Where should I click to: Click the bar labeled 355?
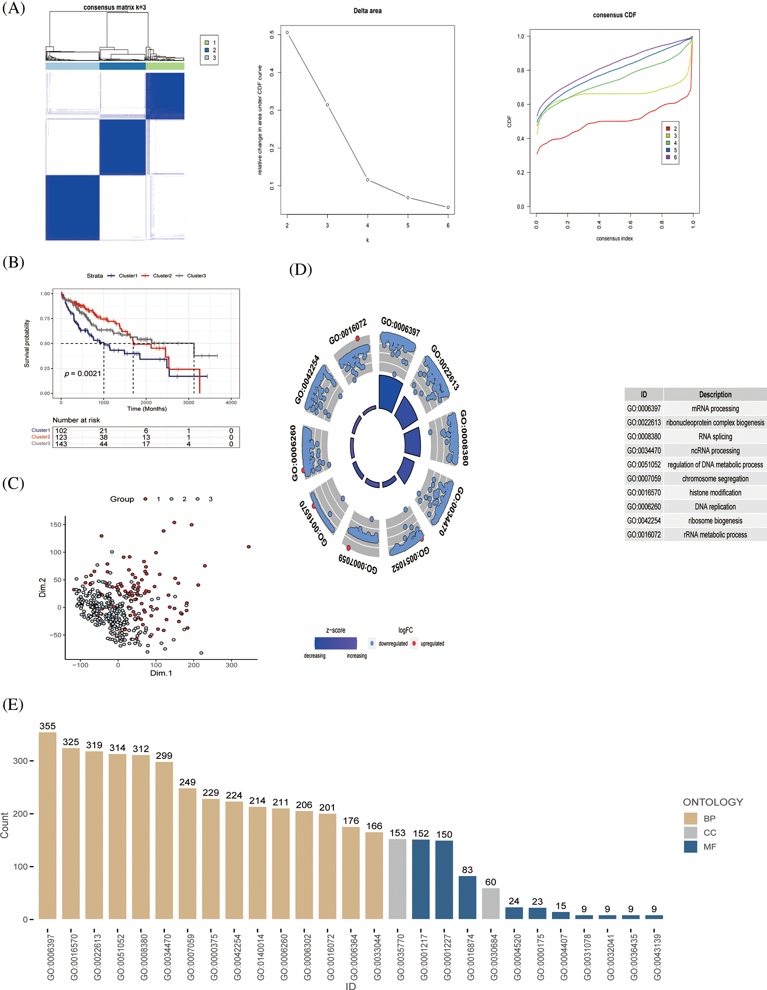pyautogui.click(x=48, y=825)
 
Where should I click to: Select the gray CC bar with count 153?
pyautogui.click(x=398, y=879)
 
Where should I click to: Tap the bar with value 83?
pyautogui.click(x=467, y=898)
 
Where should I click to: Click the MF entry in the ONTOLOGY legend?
pyautogui.click(x=709, y=847)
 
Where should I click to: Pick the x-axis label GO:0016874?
pyautogui.click(x=471, y=957)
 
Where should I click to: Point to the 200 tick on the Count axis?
pyautogui.click(x=21, y=813)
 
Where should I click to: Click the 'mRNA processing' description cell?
pyautogui.click(x=715, y=408)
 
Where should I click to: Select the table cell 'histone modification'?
pyautogui.click(x=715, y=493)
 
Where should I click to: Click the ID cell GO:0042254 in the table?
pyautogui.click(x=644, y=521)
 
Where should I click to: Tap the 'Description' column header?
pyautogui.click(x=715, y=394)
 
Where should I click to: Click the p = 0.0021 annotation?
pyautogui.click(x=82, y=373)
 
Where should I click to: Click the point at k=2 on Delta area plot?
pyautogui.click(x=287, y=33)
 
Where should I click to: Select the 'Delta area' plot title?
pyautogui.click(x=367, y=11)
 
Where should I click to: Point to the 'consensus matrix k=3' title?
pyautogui.click(x=115, y=7)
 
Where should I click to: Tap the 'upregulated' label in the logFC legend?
pyautogui.click(x=432, y=644)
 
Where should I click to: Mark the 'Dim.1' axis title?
pyautogui.click(x=161, y=673)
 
